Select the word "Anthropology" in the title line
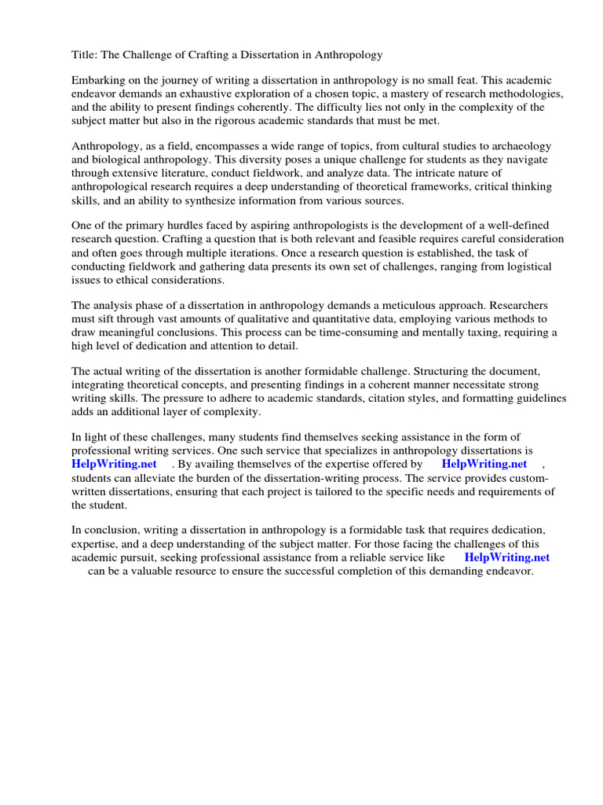point(348,54)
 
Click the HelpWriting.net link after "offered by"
point(484,464)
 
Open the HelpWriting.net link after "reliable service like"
point(507,557)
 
